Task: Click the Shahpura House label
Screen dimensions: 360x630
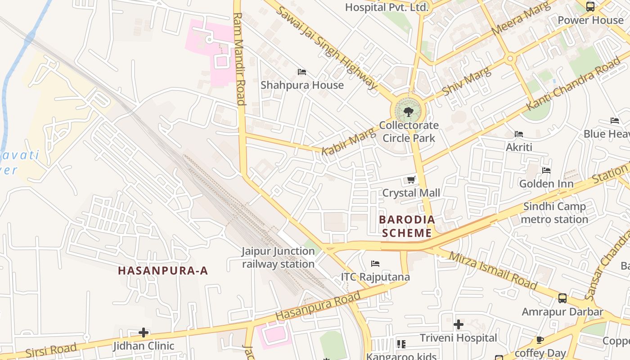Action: point(302,85)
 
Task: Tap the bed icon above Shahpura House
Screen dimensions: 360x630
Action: point(302,72)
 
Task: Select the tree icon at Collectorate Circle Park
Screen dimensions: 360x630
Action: point(409,112)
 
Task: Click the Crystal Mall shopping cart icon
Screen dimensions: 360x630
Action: point(411,180)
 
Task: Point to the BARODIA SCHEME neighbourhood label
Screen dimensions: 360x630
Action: point(407,226)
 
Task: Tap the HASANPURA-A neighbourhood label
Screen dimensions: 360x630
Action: point(163,270)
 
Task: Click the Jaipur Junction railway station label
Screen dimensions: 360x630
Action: point(278,257)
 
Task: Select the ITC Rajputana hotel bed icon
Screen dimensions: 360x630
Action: point(375,263)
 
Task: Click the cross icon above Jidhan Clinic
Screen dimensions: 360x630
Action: point(144,333)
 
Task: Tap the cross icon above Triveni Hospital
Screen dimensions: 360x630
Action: point(459,324)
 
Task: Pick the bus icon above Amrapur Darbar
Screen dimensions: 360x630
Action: point(562,298)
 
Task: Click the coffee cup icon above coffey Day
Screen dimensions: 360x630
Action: point(540,340)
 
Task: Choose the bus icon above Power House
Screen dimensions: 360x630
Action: point(590,7)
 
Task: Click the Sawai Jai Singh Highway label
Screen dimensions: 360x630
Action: point(327,48)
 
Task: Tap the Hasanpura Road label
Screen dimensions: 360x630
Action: point(318,306)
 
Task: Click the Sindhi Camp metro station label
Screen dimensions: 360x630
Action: point(554,213)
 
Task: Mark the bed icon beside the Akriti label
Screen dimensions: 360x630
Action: point(519,134)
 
